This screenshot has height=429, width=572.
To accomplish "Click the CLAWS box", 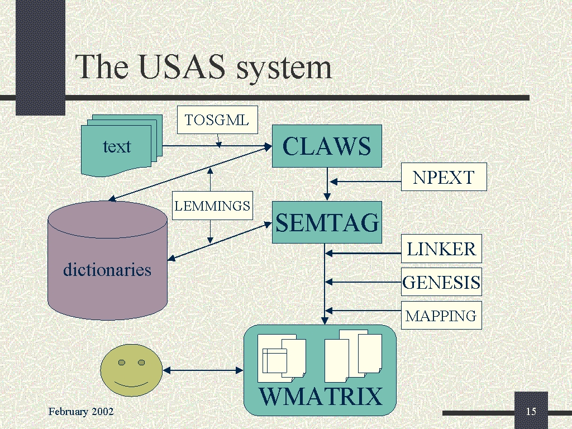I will point(327,146).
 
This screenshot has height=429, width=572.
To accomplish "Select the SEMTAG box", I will point(327,222).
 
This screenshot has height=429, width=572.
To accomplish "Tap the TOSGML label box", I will point(217,120).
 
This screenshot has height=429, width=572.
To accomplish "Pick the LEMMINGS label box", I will point(212,206).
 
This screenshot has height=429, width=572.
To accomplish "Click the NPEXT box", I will point(444,177).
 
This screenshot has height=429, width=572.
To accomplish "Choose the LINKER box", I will point(441,249).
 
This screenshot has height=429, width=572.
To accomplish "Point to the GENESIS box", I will point(441,282).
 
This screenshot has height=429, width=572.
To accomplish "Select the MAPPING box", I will point(441,316).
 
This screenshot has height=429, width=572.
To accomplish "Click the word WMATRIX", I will point(321,397).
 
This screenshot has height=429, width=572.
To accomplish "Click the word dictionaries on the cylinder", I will point(107,270).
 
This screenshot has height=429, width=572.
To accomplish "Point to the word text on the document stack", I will point(117,146).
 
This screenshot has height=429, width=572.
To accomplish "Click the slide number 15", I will point(531,412).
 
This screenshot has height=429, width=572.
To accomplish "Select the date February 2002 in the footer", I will point(81,412).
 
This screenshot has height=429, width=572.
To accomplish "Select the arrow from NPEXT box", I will point(366,181).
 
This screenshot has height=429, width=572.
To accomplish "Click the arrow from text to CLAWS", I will point(212,147).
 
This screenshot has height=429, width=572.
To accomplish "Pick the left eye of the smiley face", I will point(121,363).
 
